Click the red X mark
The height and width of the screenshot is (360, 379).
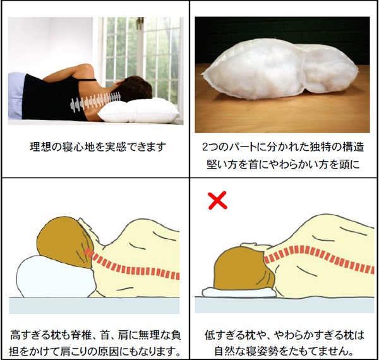point(217,200)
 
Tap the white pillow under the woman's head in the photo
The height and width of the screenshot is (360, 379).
point(139,111)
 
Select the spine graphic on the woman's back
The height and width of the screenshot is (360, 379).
point(95,102)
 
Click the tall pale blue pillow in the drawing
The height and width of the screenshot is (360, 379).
point(56,277)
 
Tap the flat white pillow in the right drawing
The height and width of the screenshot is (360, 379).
point(239,292)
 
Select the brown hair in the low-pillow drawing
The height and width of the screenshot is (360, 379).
point(244,269)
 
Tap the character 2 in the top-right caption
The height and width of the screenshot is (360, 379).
point(205,147)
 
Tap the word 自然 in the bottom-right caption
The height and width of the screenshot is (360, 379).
point(224,352)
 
